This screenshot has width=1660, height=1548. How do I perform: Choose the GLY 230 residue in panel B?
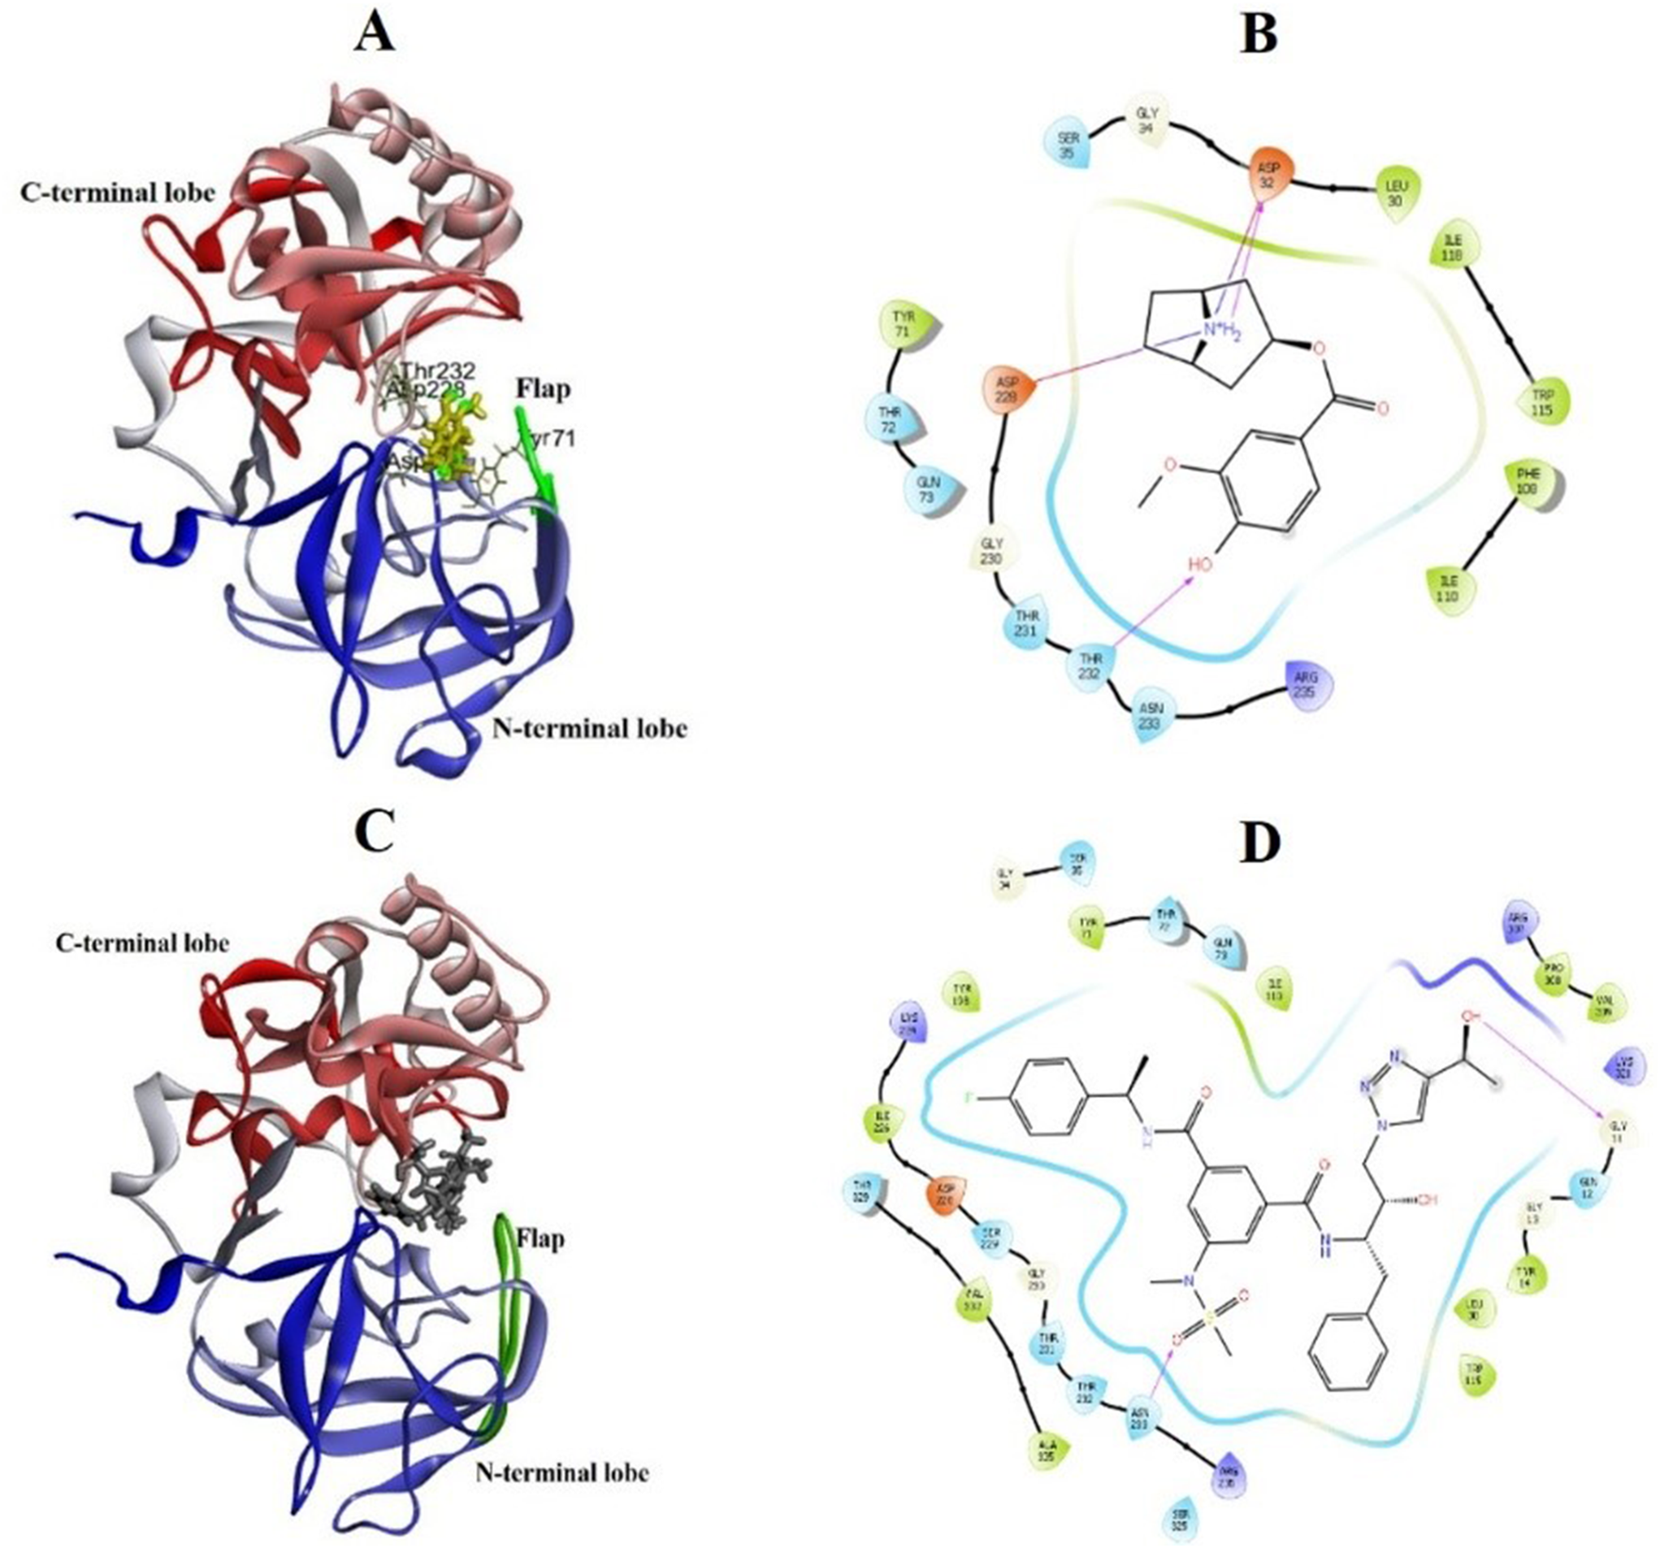[x=990, y=551]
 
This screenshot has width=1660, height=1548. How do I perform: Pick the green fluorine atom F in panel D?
[x=972, y=1097]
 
